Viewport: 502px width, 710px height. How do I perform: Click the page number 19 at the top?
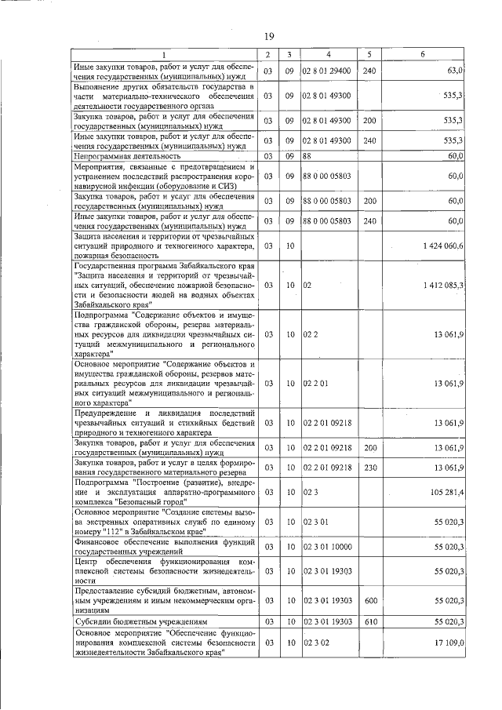pos(268,36)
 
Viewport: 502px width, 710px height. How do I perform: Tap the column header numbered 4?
pos(329,54)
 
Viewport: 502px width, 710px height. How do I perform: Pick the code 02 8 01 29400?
pos(327,71)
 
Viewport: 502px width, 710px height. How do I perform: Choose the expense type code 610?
pos(371,621)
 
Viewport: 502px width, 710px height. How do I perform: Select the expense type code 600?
pos(371,600)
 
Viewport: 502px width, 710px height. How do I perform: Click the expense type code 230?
pos(371,468)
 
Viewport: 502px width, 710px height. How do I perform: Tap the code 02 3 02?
pos(315,643)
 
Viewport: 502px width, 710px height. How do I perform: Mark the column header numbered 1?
pos(164,54)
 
